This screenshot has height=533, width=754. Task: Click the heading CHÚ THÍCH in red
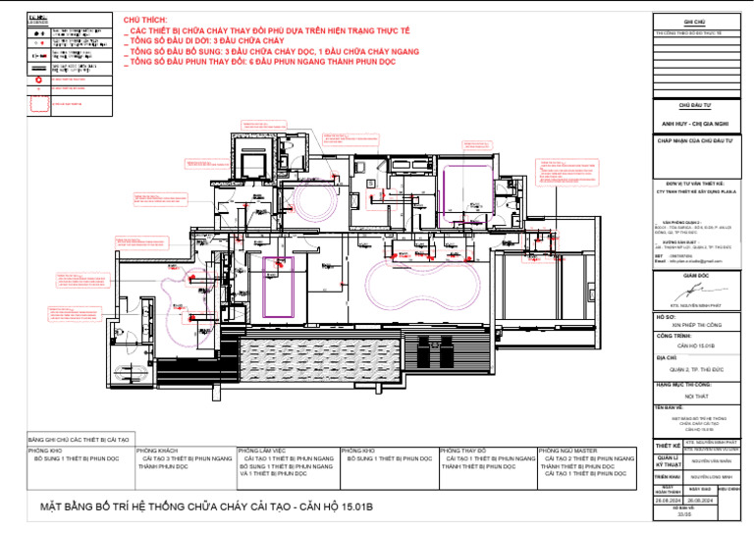click(x=145, y=20)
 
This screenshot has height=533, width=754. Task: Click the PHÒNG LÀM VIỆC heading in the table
click(x=264, y=451)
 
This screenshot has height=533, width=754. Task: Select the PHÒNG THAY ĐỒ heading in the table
click(x=465, y=451)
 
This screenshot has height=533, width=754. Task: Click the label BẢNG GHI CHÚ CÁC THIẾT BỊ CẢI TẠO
click(x=79, y=440)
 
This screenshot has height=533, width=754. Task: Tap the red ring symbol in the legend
click(x=38, y=79)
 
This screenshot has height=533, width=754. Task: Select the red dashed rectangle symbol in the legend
click(x=38, y=102)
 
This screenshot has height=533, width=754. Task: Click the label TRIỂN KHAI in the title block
click(x=668, y=475)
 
